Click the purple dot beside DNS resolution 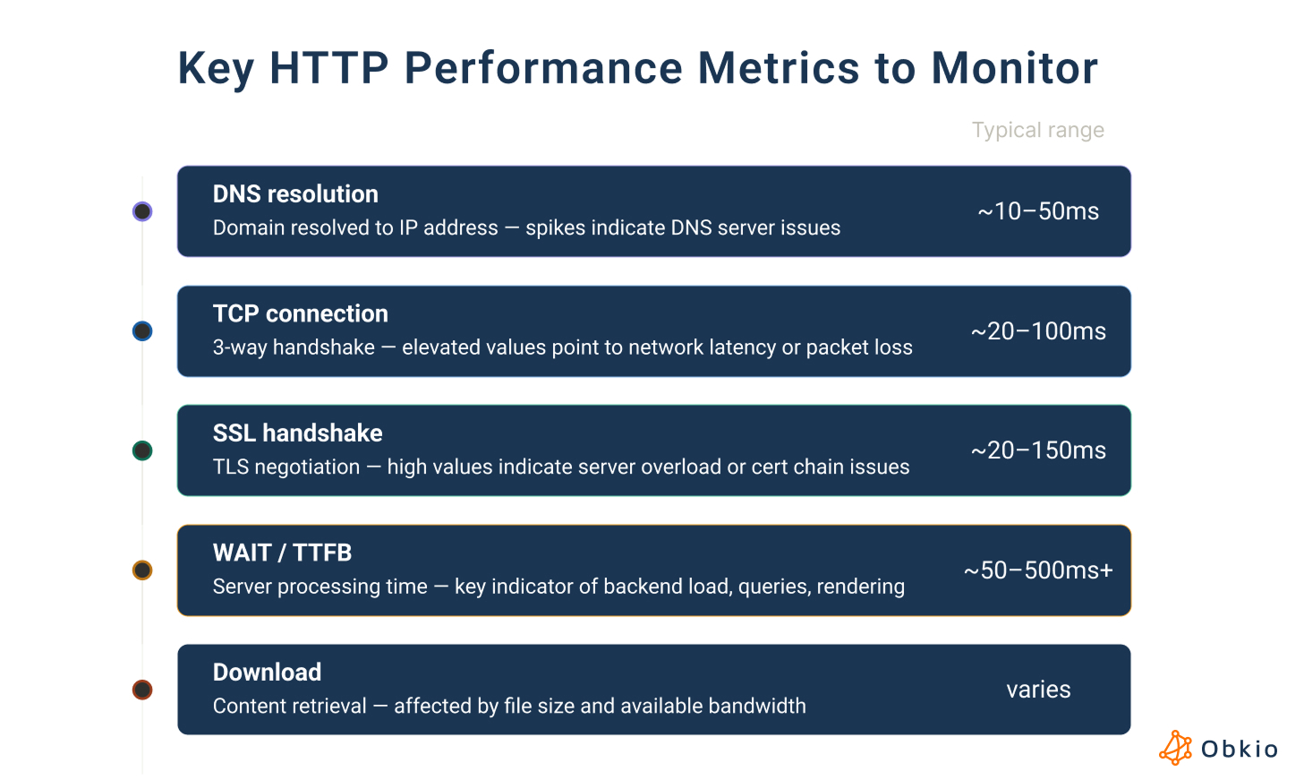(x=142, y=211)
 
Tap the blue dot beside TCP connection (x=142, y=331)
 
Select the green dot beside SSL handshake (x=142, y=450)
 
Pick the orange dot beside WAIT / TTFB (x=142, y=570)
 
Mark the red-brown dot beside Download (x=142, y=690)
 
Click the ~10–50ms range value (x=1038, y=211)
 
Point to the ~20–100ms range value (x=1038, y=331)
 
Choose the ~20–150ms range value (x=1038, y=450)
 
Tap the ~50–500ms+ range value (x=1038, y=570)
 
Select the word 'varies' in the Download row (x=1038, y=690)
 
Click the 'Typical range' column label (x=1038, y=130)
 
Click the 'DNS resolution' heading (x=295, y=194)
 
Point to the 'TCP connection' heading (x=300, y=313)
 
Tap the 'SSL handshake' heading (x=297, y=433)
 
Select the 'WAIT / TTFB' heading (x=282, y=553)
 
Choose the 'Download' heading (x=267, y=673)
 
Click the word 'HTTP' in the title (x=328, y=68)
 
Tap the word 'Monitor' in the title (x=1014, y=68)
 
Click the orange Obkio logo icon (x=1175, y=748)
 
